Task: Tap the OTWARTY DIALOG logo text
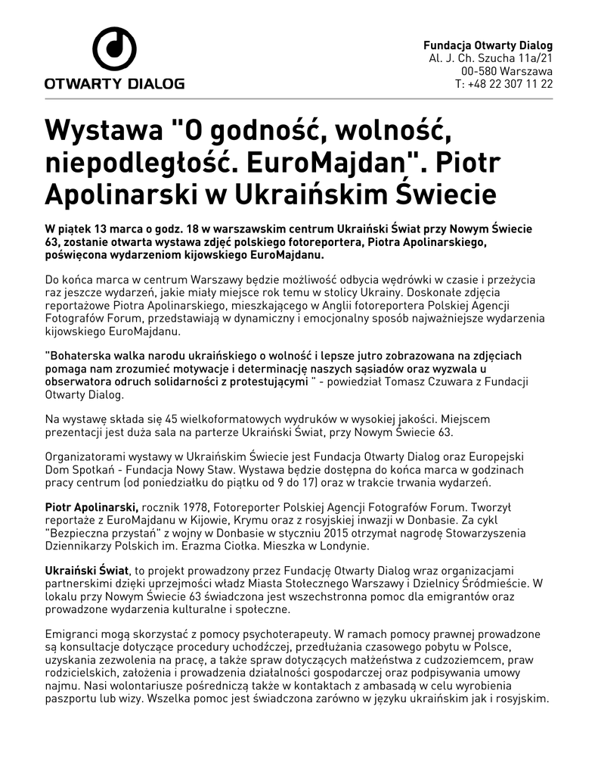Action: coord(114,83)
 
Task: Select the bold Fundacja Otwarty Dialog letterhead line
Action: coord(488,45)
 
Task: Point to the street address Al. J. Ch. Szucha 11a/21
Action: coord(491,58)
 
